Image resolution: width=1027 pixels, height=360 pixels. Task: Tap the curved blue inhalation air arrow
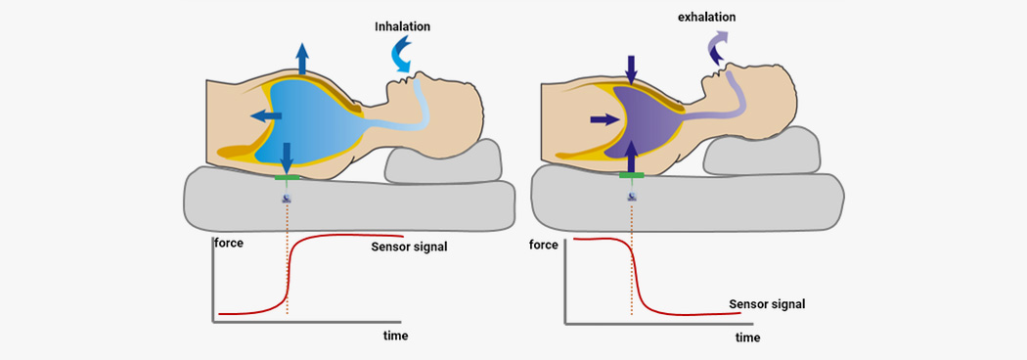pyautogui.click(x=404, y=56)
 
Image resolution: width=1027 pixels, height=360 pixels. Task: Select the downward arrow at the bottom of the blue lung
pyautogui.click(x=286, y=155)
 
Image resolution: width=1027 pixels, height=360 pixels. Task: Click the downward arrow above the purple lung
pyautogui.click(x=631, y=68)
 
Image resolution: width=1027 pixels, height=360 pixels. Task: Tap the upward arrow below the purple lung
pyautogui.click(x=631, y=155)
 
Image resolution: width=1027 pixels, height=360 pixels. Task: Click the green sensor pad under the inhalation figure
pyautogui.click(x=287, y=178)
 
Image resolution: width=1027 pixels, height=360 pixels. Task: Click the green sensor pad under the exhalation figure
pyautogui.click(x=632, y=175)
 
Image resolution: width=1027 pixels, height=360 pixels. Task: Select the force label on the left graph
pyautogui.click(x=229, y=241)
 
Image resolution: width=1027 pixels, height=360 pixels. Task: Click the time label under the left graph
pyautogui.click(x=396, y=336)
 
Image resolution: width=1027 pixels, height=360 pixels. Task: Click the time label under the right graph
pyautogui.click(x=748, y=337)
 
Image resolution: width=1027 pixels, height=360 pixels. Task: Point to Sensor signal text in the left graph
pyautogui.click(x=409, y=246)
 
